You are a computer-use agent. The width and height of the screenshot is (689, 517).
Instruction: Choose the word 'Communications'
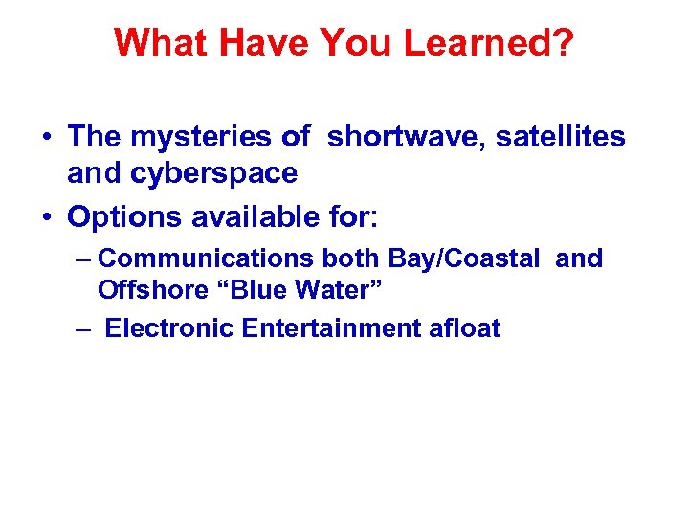206,258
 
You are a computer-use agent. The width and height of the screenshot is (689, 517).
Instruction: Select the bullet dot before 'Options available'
47,218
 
